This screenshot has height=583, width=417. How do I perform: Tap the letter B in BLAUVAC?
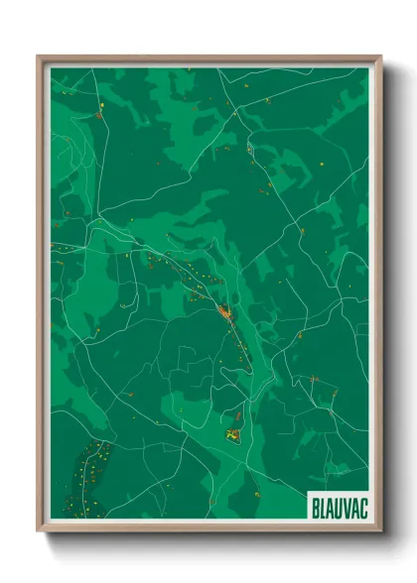(x=315, y=504)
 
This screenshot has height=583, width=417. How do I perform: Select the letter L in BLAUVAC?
(x=322, y=504)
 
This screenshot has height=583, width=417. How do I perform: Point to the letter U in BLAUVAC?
(x=338, y=504)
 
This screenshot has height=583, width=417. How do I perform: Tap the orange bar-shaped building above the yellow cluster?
(x=237, y=415)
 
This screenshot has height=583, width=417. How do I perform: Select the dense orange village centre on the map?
(x=224, y=315)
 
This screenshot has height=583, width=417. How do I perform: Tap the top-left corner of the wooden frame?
(x=39, y=57)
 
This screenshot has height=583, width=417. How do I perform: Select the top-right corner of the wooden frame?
(x=380, y=57)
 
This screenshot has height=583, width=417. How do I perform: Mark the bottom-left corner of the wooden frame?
(x=39, y=530)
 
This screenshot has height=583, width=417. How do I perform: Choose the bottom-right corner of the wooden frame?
(x=380, y=530)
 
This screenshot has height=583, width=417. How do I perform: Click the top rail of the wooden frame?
(x=208, y=58)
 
